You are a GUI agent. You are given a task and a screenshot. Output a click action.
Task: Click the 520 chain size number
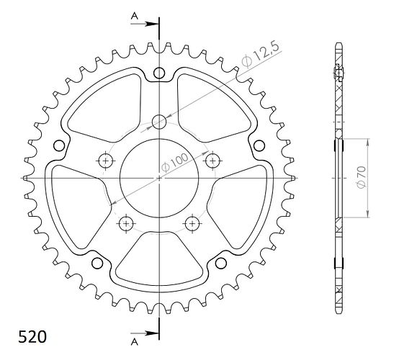[32, 337]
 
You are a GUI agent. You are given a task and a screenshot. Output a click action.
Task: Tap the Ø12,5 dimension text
[260, 55]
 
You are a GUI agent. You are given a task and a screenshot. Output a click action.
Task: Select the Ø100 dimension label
[174, 162]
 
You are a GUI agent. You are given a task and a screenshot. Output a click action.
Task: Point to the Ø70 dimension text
[362, 176]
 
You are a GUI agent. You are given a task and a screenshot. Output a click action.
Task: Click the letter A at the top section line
[135, 17]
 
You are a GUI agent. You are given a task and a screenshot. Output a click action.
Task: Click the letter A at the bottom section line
[135, 342]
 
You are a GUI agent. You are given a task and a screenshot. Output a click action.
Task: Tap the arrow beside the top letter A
[145, 24]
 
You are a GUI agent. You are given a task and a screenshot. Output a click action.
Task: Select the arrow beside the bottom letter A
[145, 333]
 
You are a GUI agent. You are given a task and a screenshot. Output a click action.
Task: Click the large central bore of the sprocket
[159, 178]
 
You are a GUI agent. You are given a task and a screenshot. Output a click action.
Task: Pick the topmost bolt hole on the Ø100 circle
[159, 122]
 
